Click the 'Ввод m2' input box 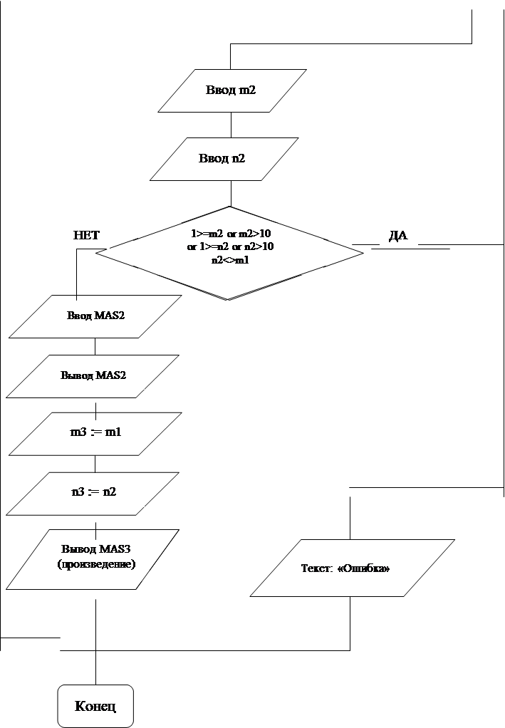(x=232, y=90)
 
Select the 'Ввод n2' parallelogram (x=224, y=159)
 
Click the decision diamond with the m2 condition (x=229, y=253)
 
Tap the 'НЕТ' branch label (x=86, y=235)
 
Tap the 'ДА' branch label (x=398, y=235)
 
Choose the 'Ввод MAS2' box (x=95, y=316)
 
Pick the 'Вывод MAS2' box (x=93, y=376)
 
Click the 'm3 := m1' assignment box (x=95, y=434)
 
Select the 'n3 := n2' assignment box (x=93, y=494)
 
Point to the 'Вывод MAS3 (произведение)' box (x=93, y=559)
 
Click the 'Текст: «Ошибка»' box (x=353, y=568)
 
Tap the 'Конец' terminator (x=95, y=706)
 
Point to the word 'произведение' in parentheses (x=97, y=564)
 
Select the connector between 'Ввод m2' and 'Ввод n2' (x=231, y=125)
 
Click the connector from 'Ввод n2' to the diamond (x=231, y=194)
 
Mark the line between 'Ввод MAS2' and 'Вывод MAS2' (x=95, y=346)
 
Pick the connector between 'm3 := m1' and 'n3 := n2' (x=95, y=464)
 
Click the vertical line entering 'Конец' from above (x=96, y=642)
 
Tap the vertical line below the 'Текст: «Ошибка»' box (x=350, y=623)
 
